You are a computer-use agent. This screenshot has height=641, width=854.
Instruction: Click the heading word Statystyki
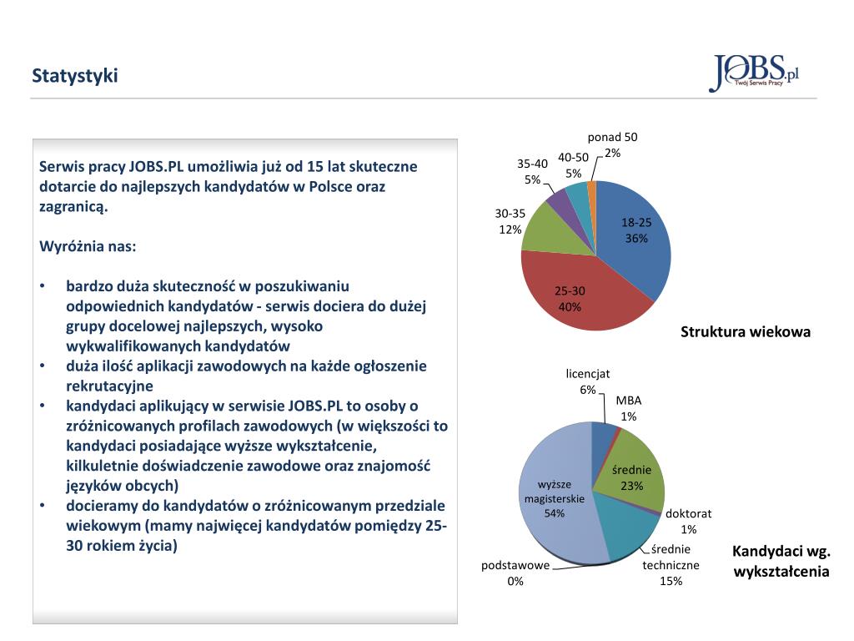(x=75, y=76)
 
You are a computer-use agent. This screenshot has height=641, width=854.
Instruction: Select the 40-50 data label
(x=573, y=165)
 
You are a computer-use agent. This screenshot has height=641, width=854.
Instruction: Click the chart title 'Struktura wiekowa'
(x=745, y=332)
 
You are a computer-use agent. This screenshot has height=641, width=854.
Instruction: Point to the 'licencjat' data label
(x=588, y=381)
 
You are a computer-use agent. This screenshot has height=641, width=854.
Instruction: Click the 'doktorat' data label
(x=688, y=521)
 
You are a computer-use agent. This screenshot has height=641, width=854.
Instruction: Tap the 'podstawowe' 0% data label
(x=515, y=573)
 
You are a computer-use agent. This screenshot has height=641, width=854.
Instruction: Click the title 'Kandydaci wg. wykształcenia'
(x=781, y=561)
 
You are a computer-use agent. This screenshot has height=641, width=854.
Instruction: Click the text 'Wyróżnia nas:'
(x=88, y=247)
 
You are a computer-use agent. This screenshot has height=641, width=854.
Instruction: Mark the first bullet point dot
(x=43, y=285)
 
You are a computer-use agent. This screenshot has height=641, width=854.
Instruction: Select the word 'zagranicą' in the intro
(x=73, y=206)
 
